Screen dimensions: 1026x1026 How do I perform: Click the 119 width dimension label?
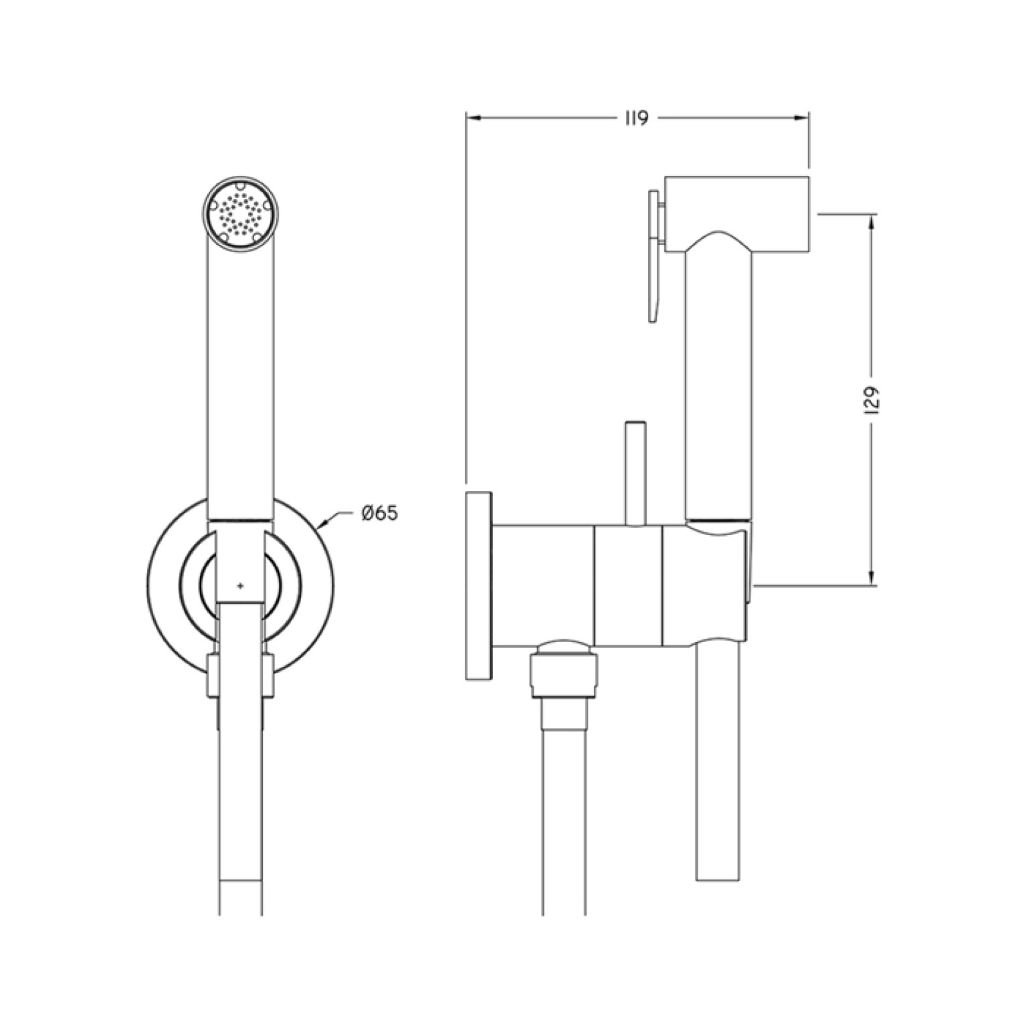637,118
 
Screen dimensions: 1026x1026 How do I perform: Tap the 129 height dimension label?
871,401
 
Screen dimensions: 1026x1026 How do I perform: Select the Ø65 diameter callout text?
379,514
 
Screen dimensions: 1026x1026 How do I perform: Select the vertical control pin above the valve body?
634,472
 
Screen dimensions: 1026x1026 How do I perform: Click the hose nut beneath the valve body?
563,672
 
